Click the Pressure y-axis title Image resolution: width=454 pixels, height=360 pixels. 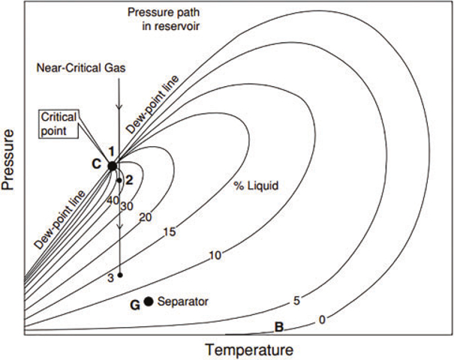point(11,169)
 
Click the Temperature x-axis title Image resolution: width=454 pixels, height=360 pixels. point(248,349)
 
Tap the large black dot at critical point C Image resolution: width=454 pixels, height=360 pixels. point(112,166)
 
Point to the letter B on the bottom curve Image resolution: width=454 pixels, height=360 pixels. point(278,326)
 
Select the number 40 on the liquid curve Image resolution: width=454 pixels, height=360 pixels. point(113,200)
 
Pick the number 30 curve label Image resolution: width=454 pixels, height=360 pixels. point(128,205)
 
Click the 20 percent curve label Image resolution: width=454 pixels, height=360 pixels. point(146,217)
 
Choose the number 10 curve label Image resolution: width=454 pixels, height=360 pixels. point(215,256)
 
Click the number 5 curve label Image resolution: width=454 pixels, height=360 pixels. point(296,301)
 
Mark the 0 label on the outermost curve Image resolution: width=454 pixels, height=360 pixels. point(322,319)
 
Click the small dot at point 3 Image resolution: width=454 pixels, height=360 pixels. point(119,275)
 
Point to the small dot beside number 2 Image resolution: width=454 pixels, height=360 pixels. point(119,181)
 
